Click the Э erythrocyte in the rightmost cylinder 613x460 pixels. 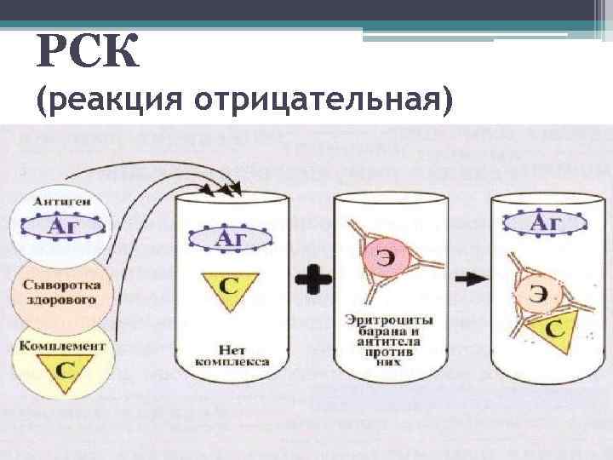(x=536, y=293)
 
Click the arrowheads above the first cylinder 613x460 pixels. (x=229, y=187)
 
